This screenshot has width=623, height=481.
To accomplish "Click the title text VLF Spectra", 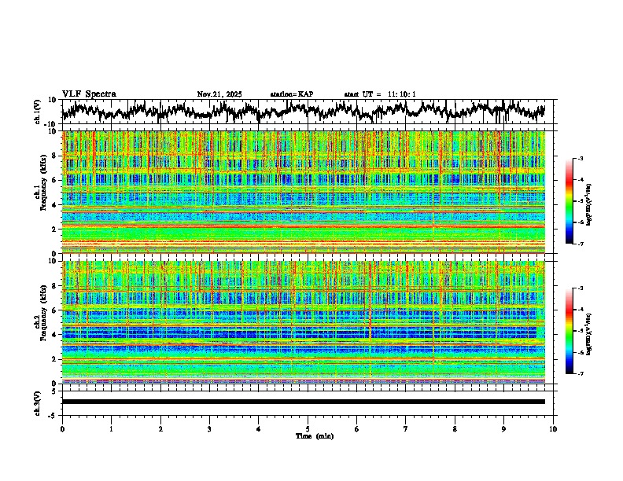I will [x=89, y=94].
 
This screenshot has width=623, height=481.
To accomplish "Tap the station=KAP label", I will [x=291, y=94].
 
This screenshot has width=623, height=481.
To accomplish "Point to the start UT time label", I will [x=380, y=94].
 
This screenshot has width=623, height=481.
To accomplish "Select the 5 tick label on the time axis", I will [x=308, y=428].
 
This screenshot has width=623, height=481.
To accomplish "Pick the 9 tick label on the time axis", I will [x=504, y=428].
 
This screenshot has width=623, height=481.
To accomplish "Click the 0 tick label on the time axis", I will [x=62, y=428].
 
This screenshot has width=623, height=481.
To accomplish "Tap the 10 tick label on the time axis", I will [x=553, y=428].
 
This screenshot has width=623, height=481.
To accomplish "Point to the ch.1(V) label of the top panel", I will [x=38, y=112].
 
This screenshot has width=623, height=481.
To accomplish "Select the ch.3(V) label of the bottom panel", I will [x=38, y=402].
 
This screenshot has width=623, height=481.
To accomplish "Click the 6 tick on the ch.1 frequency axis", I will [x=54, y=180].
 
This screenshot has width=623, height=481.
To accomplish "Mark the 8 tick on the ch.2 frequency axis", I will [x=54, y=286].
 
